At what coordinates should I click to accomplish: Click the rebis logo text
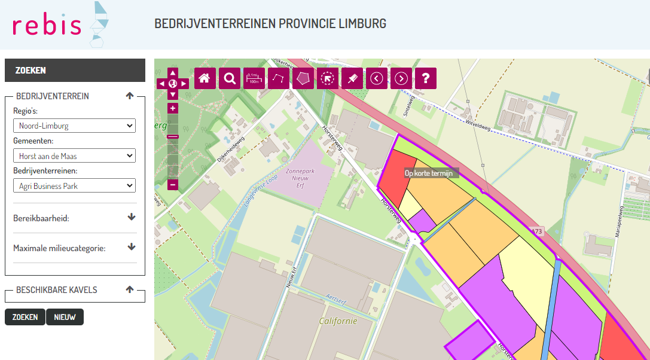tap(47, 25)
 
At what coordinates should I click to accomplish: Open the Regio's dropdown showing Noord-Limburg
tap(74, 126)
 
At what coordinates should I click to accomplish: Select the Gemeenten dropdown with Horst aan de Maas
tap(74, 156)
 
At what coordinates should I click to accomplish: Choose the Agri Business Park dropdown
tap(74, 186)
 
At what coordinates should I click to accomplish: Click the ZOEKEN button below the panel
tap(25, 317)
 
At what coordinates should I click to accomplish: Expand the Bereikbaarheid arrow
tap(132, 217)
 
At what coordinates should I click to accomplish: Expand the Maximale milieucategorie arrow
tap(132, 247)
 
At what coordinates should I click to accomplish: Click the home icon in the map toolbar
tap(205, 78)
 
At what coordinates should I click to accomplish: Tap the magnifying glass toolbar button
tap(229, 78)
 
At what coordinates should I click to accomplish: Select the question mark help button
tap(426, 78)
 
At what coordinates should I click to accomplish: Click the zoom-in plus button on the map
tap(173, 108)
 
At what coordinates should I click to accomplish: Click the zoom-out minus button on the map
tap(173, 185)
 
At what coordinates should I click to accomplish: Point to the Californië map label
tap(338, 321)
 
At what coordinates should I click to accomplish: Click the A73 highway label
tap(537, 230)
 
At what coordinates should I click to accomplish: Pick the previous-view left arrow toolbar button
tap(377, 78)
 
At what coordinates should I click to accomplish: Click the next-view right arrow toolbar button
tap(401, 78)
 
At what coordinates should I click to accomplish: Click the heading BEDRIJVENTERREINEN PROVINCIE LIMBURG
tap(270, 24)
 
